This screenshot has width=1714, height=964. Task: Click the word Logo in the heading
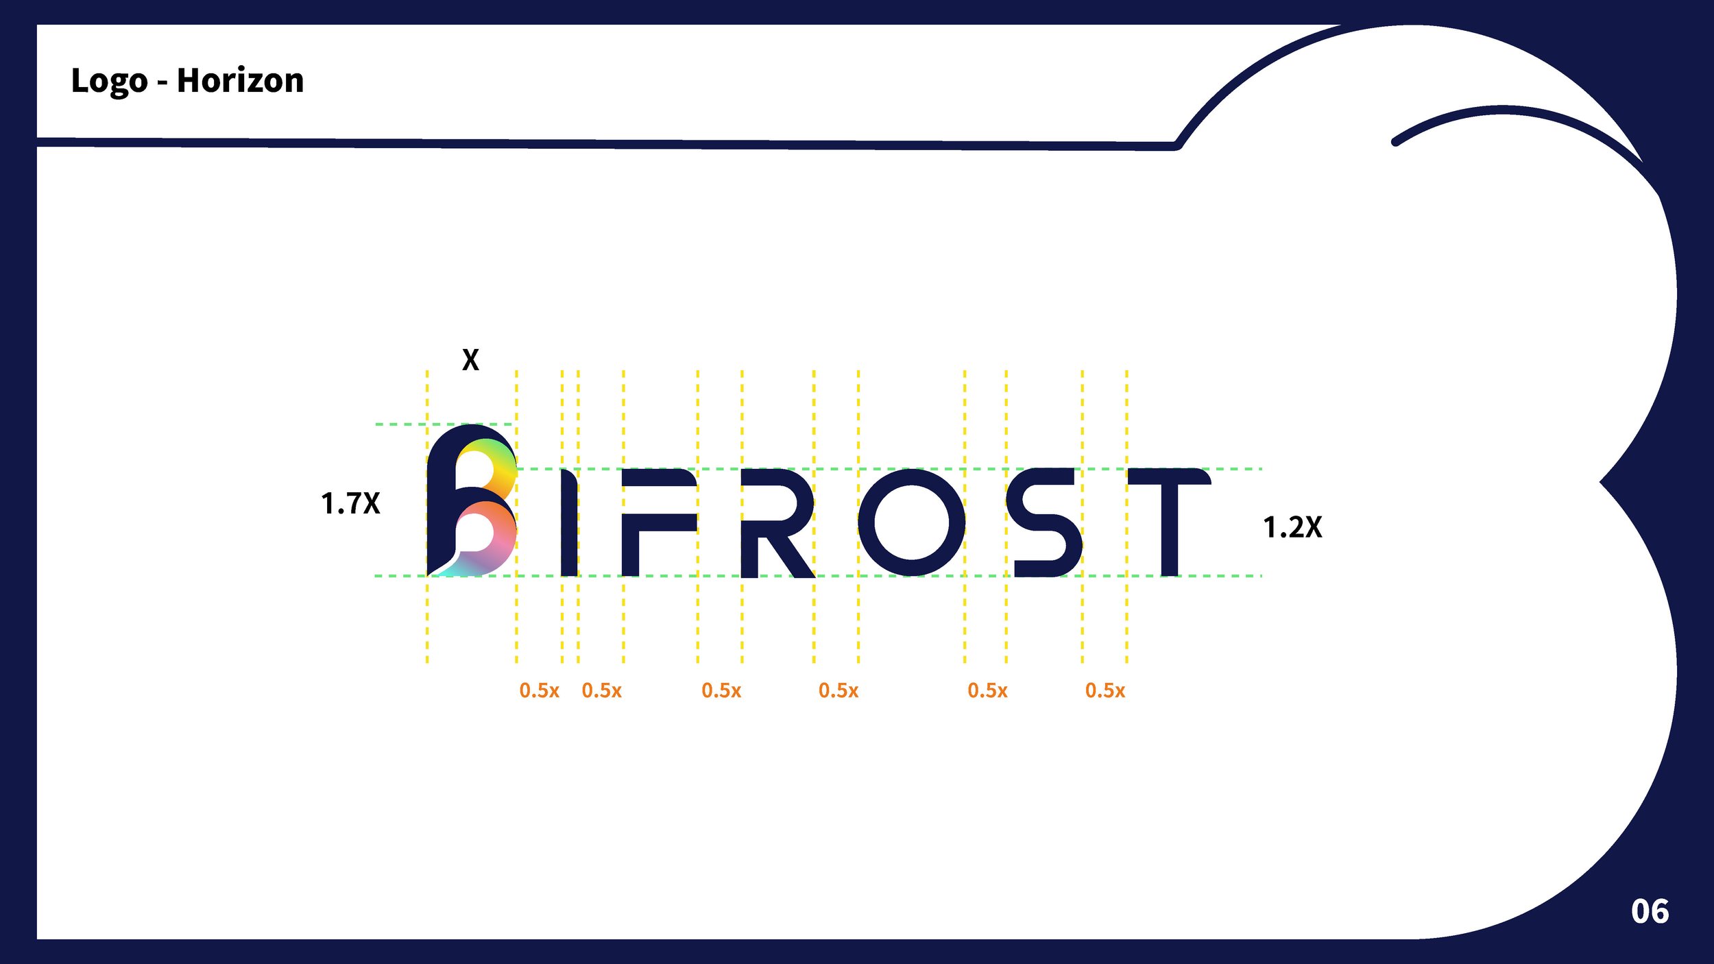(x=109, y=82)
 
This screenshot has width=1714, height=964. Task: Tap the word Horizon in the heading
(x=240, y=81)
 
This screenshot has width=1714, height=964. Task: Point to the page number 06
(x=1650, y=912)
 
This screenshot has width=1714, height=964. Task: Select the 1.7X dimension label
(x=350, y=503)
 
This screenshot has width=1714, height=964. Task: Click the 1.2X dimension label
(x=1292, y=527)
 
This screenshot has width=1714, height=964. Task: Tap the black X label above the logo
(x=470, y=360)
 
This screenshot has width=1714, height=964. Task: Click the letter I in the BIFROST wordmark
(x=569, y=522)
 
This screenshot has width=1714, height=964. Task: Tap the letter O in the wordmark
(x=912, y=522)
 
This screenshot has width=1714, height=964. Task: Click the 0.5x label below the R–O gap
(x=838, y=690)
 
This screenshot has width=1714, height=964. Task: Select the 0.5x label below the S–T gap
(x=1105, y=690)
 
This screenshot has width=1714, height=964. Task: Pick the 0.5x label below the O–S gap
(x=987, y=690)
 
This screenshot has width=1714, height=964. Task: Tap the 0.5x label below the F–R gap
(x=721, y=690)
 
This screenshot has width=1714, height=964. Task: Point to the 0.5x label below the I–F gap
(x=601, y=690)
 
